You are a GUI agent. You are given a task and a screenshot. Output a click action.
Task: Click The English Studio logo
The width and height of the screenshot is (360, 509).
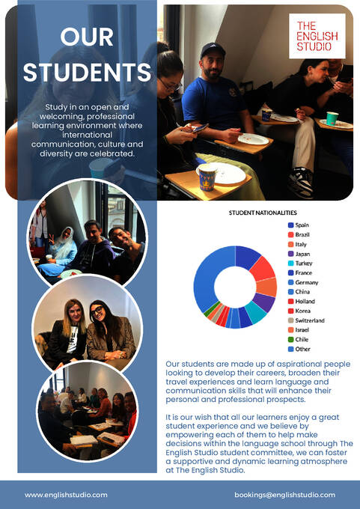(317, 35)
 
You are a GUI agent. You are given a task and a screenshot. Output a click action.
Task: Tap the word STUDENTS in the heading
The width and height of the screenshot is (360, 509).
(87, 72)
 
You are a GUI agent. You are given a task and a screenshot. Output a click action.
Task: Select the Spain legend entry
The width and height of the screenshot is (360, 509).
(302, 225)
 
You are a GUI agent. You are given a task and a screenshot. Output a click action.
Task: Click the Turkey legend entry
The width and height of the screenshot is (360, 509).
(303, 263)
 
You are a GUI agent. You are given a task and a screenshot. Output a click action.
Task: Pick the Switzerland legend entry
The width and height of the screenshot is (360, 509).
(309, 320)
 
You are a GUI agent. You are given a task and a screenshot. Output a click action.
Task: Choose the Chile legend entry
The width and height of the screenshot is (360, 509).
(302, 339)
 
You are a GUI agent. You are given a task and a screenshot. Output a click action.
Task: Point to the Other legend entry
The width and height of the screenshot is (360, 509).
(303, 349)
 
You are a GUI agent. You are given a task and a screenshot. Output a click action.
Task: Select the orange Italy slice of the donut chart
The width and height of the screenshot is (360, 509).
(266, 287)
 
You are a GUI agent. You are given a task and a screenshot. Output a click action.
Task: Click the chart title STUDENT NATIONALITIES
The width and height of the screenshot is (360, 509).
(262, 213)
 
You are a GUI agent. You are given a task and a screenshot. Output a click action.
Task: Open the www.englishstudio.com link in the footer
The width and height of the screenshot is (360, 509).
(66, 495)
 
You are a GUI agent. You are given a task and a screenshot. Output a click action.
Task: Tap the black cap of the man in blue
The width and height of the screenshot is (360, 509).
(213, 50)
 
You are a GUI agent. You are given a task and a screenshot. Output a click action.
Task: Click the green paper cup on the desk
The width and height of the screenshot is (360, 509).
(332, 118)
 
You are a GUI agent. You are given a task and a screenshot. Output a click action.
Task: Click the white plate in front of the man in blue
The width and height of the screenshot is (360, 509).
(253, 138)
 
